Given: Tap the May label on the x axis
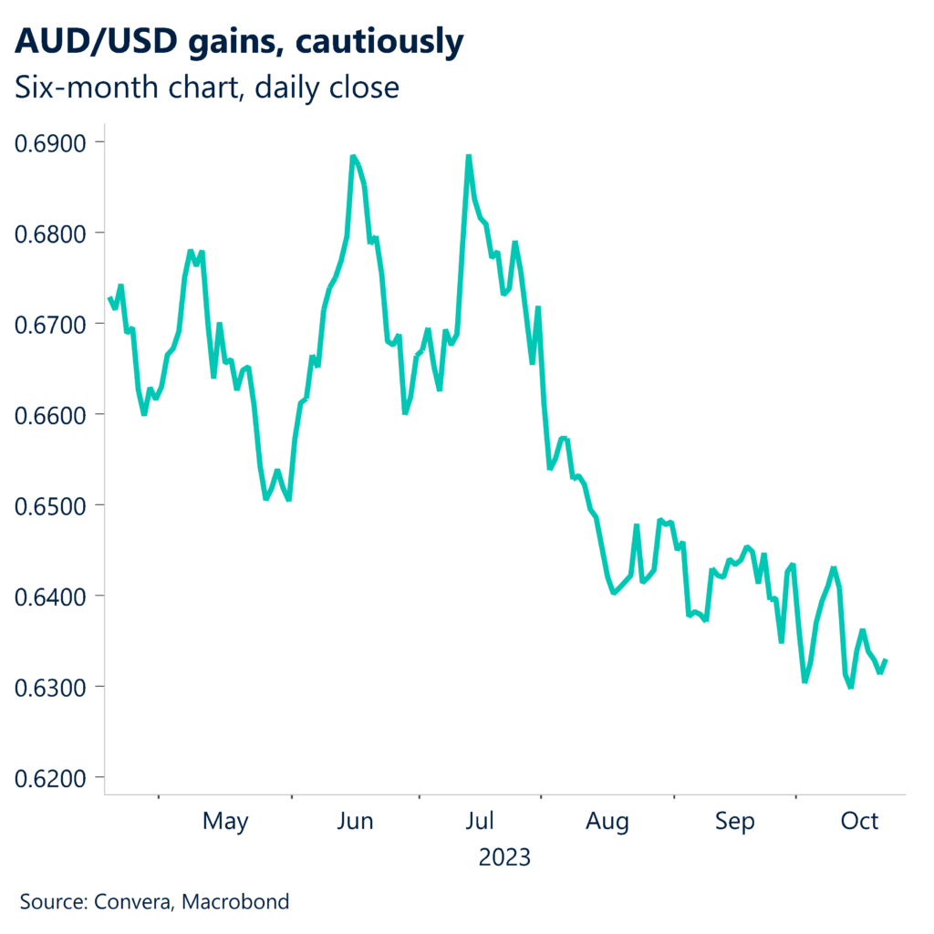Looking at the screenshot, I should pyautogui.click(x=225, y=822).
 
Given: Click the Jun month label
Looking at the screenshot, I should pyautogui.click(x=355, y=822).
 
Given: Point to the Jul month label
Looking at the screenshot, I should pyautogui.click(x=480, y=822).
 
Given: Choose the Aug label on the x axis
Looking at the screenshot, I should pyautogui.click(x=607, y=822).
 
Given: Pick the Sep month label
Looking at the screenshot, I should pyautogui.click(x=734, y=822).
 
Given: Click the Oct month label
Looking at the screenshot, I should pyautogui.click(x=859, y=822).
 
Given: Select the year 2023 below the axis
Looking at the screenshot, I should pyautogui.click(x=504, y=858).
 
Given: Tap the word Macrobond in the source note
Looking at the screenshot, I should pyautogui.click(x=235, y=903).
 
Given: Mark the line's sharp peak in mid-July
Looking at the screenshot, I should pyautogui.click(x=468, y=157).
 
